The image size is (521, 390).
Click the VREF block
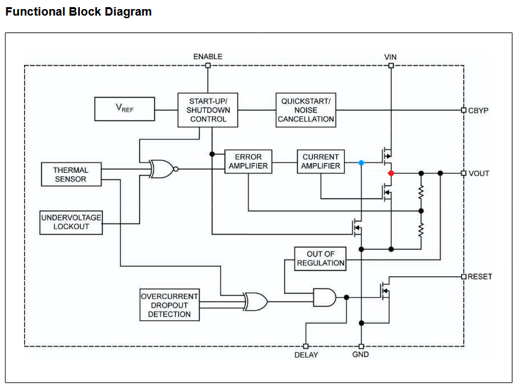(124, 109)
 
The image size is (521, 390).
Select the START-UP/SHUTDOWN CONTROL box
(208, 110)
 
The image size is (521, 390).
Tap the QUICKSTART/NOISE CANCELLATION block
(306, 110)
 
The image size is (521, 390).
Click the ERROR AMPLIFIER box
(248, 161)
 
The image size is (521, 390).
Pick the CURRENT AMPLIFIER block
(321, 161)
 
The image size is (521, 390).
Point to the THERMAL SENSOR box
(70, 174)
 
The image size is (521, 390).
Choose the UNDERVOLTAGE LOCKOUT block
(71, 222)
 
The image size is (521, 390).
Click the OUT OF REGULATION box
(321, 259)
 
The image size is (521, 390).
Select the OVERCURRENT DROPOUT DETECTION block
(169, 305)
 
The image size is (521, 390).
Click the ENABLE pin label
(207, 57)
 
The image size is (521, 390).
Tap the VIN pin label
(391, 57)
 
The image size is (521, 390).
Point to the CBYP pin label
(478, 110)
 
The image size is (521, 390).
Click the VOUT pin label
(479, 174)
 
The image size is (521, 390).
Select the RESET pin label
(480, 276)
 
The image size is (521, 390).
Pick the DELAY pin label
(306, 355)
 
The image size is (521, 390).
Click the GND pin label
(361, 355)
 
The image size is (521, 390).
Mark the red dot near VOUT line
(391, 173)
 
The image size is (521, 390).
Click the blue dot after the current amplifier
(361, 162)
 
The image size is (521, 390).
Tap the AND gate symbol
(324, 297)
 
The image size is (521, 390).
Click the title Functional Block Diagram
(79, 12)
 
